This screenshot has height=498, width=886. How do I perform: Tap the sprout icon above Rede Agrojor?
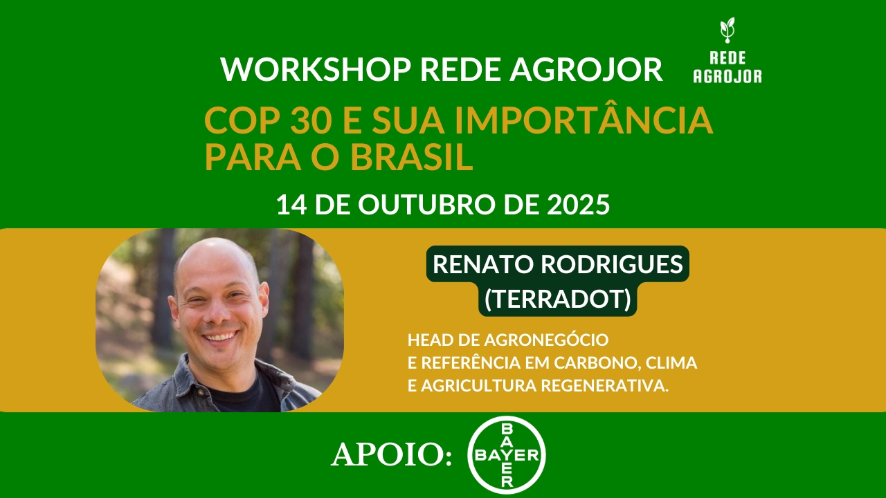tap(727, 30)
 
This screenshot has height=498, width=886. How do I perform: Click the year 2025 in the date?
tap(577, 205)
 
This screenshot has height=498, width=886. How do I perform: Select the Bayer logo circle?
tap(507, 455)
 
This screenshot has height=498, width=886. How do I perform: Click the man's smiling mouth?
tap(220, 338)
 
